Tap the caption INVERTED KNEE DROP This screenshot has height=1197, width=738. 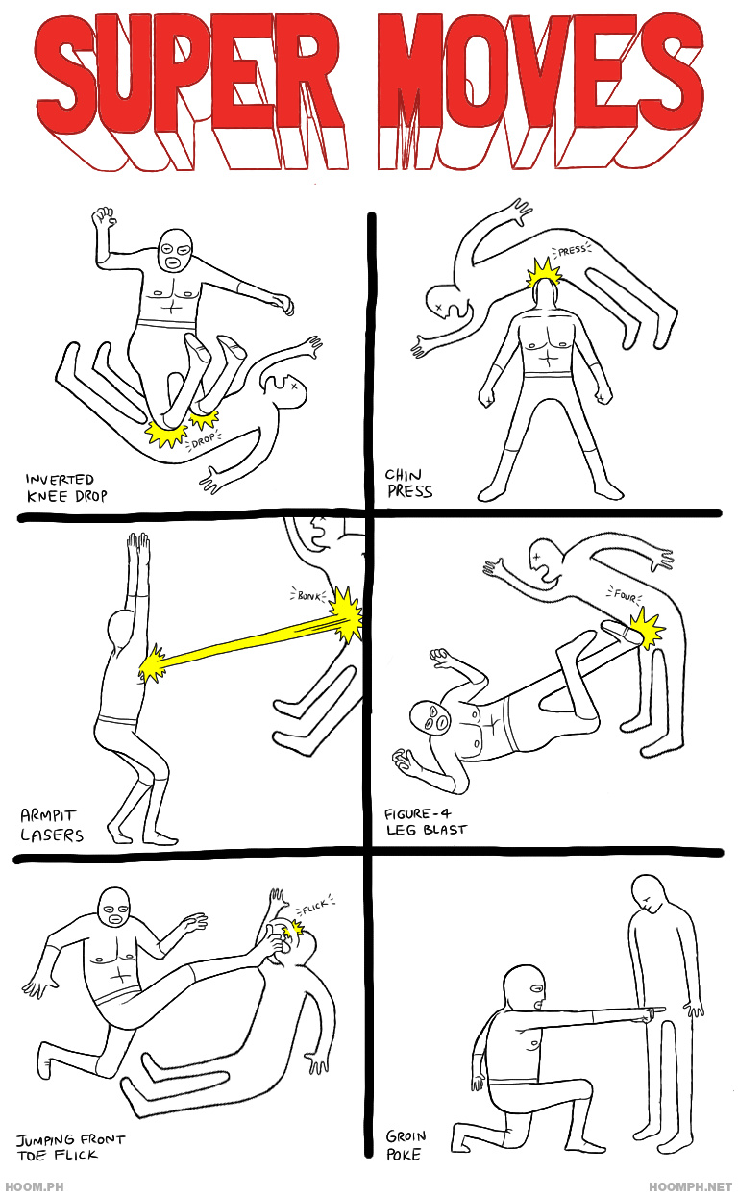click(65, 487)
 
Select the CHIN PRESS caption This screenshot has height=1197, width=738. click(409, 483)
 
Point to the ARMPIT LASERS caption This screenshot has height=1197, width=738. click(52, 825)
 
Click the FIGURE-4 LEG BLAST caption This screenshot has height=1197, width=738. click(425, 821)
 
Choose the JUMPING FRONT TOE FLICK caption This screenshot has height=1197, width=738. click(69, 1147)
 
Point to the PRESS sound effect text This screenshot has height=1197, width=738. click(573, 251)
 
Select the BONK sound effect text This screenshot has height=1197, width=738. click(307, 596)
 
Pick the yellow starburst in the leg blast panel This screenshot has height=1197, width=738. click(646, 631)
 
